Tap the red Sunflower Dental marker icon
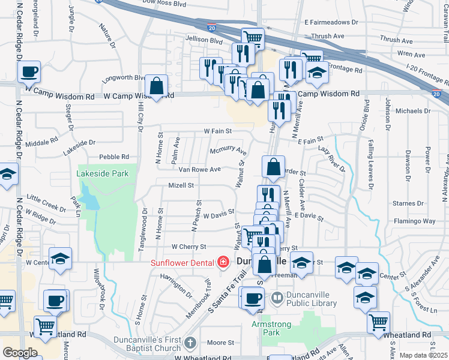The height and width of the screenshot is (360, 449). click(223, 262)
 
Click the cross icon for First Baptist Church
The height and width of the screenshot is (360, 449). click(190, 343)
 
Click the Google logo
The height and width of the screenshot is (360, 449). click(20, 353)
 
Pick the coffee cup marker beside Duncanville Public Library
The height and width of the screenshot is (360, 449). click(253, 298)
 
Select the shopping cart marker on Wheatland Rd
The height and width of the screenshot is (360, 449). click(378, 322)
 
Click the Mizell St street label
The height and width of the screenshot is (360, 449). click(181, 185)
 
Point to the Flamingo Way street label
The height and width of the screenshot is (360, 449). click(420, 221)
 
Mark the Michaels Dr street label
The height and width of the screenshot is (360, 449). click(412, 111)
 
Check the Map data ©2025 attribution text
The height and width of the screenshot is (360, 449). click(423, 355)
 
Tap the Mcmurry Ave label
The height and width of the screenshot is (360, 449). click(228, 150)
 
